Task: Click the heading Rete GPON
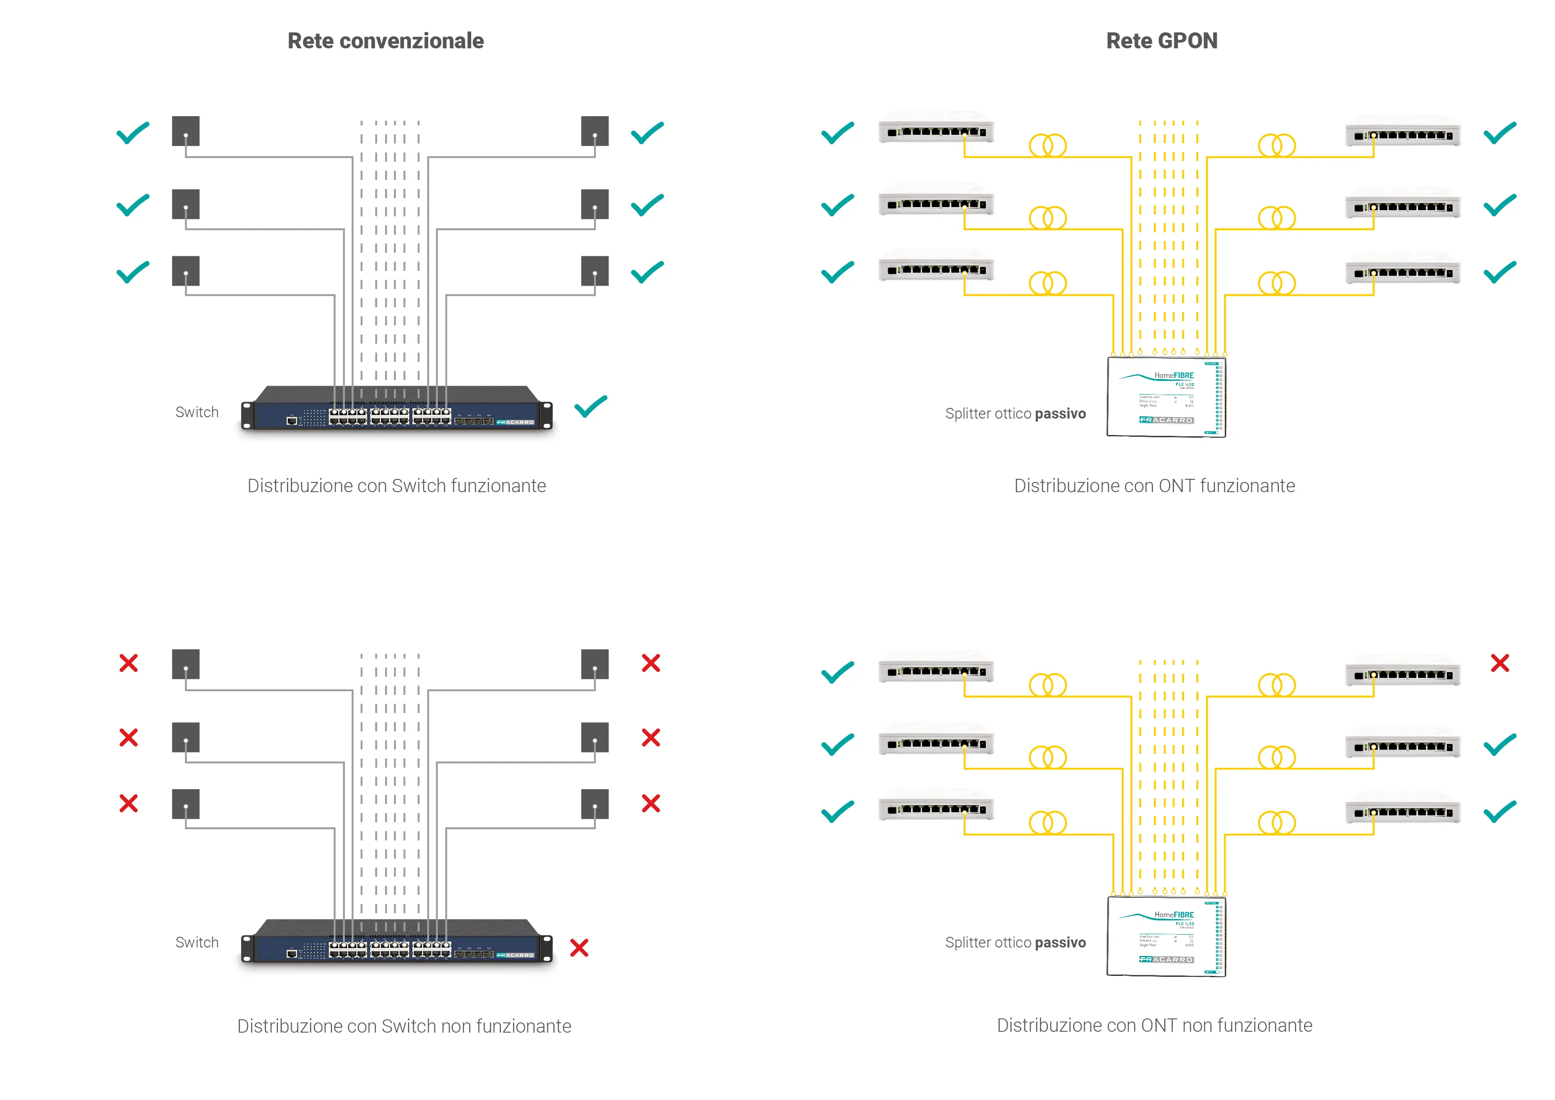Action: point(1161,41)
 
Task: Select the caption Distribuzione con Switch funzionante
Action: point(396,485)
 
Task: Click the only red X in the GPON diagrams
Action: point(1500,663)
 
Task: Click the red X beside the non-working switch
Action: point(579,947)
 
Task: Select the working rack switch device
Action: point(397,408)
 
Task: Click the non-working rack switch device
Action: point(397,942)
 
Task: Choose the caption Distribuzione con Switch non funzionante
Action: point(404,1026)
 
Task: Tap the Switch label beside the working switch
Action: point(197,412)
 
